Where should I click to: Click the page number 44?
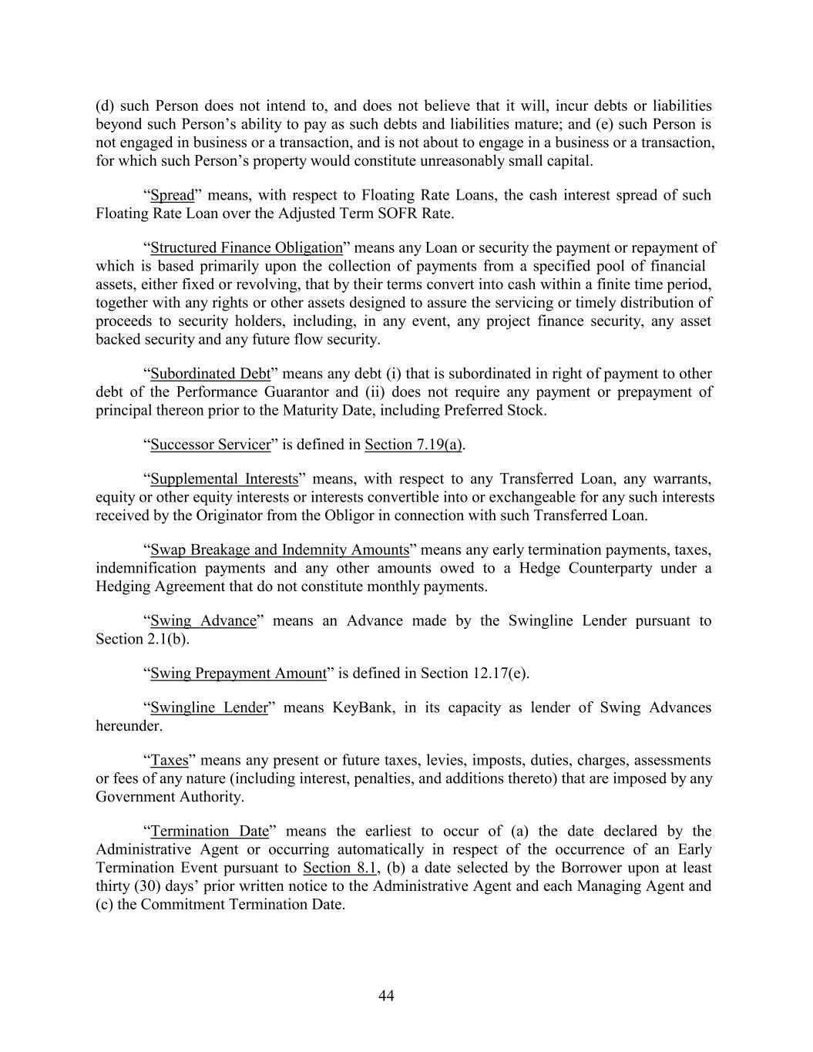pos(387,997)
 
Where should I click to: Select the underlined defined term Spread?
pos(172,195)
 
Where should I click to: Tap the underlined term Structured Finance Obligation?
pos(246,247)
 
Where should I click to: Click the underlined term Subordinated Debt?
pos(210,374)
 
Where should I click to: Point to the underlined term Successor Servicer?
pos(210,445)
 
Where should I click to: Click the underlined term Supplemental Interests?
pos(223,479)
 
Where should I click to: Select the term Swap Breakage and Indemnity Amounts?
pos(279,550)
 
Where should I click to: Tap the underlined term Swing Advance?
pos(203,621)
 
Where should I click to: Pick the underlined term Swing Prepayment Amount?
pos(238,674)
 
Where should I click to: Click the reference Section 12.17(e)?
pos(473,674)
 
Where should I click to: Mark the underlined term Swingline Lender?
pos(209,707)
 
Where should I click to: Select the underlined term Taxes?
pos(170,761)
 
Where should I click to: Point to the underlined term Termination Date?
pos(210,832)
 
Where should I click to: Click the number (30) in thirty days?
pos(145,886)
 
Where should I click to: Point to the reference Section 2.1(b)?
pos(142,640)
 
